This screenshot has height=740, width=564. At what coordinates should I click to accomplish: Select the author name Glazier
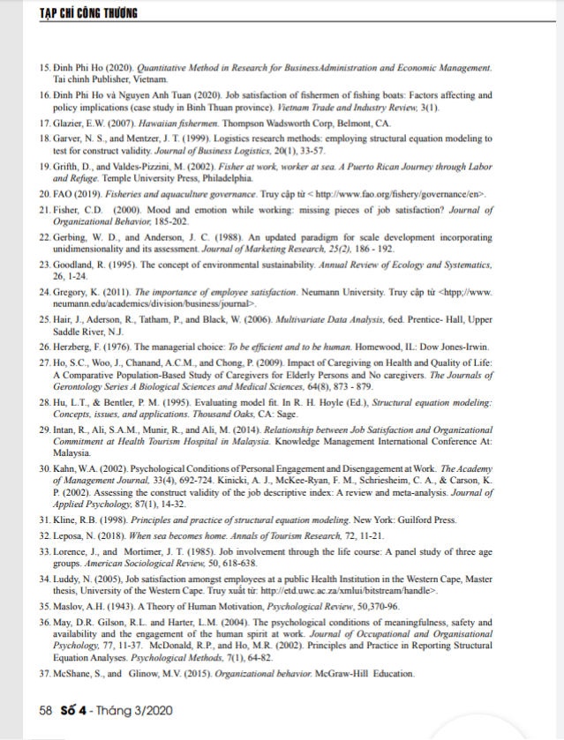point(71,124)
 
